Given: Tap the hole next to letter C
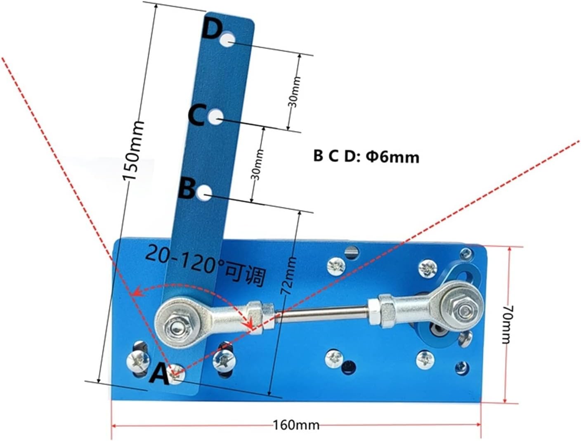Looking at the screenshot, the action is [x=215, y=117].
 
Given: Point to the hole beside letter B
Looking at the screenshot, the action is [x=204, y=192].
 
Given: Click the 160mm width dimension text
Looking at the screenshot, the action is [x=296, y=418].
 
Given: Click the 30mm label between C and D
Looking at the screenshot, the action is [x=294, y=92].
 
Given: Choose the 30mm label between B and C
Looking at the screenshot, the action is [x=257, y=165].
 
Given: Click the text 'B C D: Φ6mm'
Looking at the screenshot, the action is [x=366, y=156].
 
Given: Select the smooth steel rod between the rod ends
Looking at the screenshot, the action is [x=321, y=314].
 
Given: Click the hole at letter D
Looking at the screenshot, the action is [x=227, y=40].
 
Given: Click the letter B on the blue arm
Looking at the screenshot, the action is [x=187, y=189].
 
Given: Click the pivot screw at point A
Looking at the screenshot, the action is [x=177, y=374].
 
